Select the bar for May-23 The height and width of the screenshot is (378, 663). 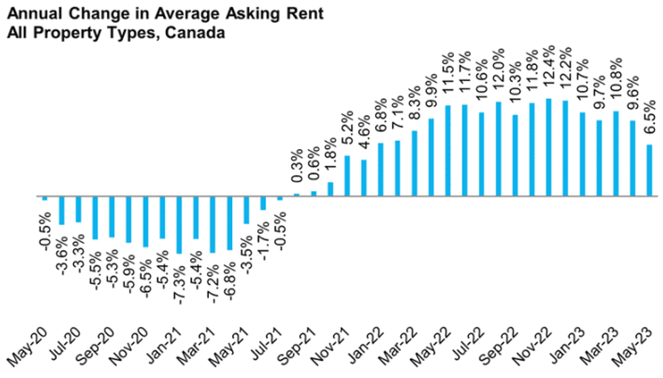coord(649,170)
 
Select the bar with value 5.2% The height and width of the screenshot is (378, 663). coord(347,175)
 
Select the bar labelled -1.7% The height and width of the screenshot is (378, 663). coord(263,203)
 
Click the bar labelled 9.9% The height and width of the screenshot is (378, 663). coord(431,157)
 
